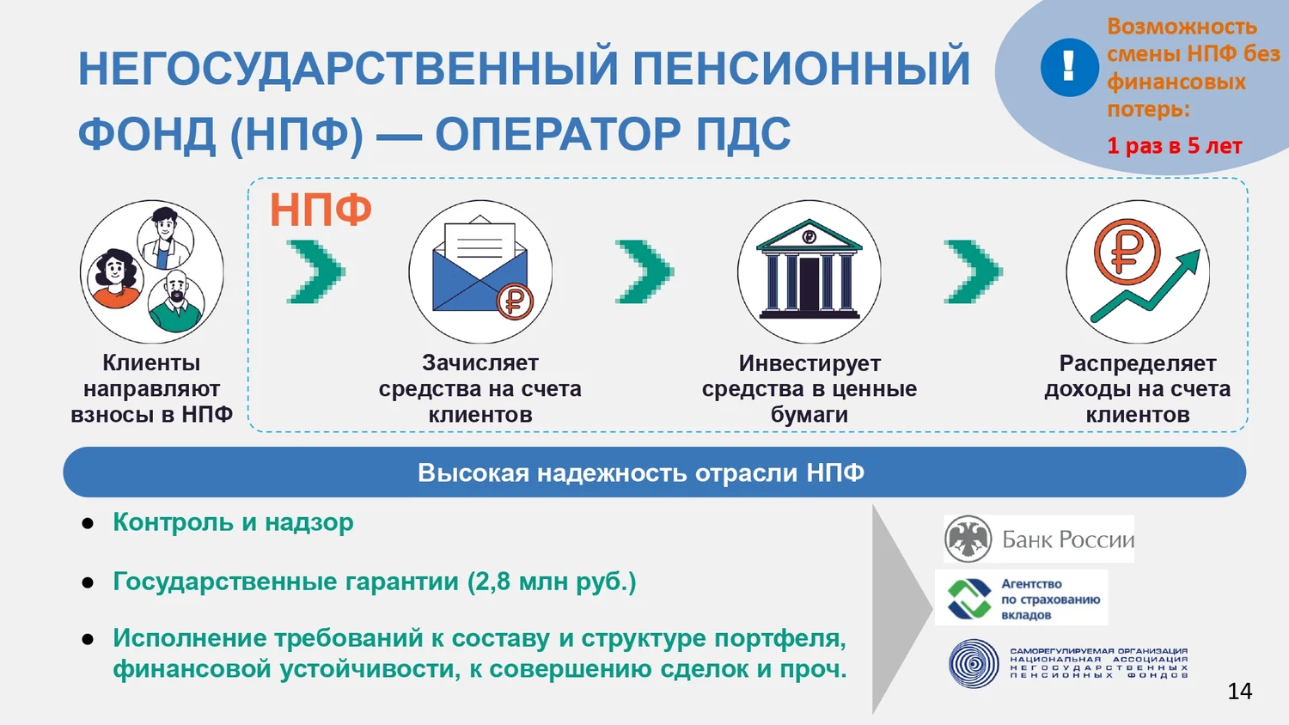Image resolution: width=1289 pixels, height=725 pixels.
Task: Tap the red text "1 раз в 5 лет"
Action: click(1175, 145)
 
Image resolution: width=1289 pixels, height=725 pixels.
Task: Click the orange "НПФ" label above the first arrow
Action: click(321, 210)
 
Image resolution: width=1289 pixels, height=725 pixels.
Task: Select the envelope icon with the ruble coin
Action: click(481, 269)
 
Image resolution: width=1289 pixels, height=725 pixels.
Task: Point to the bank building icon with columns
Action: click(809, 269)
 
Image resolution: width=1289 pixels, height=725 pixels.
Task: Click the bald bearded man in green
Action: click(176, 301)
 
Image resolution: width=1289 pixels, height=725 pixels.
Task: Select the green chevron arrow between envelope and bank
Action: click(644, 271)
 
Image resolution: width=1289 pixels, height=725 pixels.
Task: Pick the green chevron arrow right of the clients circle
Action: click(315, 271)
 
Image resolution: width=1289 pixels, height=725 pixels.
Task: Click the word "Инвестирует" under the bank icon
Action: click(809, 363)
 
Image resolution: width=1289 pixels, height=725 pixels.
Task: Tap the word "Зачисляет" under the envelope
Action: click(480, 363)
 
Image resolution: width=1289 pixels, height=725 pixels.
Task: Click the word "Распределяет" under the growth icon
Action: click(1138, 363)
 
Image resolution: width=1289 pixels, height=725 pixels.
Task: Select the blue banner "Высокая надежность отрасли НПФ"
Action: click(654, 472)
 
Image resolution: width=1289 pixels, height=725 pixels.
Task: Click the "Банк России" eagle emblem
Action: click(968, 539)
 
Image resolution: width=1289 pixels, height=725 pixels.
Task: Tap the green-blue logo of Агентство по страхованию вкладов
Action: click(969, 599)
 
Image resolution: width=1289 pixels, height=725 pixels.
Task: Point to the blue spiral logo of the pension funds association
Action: click(974, 663)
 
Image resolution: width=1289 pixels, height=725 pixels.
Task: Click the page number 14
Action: click(1239, 691)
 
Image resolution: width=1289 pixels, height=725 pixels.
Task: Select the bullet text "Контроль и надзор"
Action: click(233, 522)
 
